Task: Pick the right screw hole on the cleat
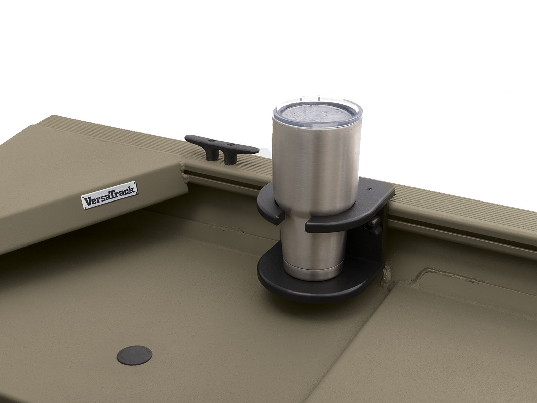pyautogui.click(x=230, y=144)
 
